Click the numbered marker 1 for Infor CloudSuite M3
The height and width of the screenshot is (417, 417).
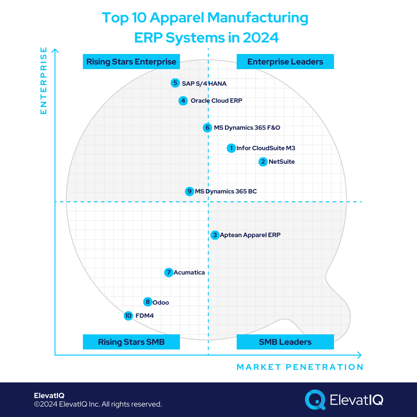click(x=231, y=148)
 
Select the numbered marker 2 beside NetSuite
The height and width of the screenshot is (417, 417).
click(x=263, y=161)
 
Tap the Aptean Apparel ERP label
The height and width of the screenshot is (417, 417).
click(x=250, y=235)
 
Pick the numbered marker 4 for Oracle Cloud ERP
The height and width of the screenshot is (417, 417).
click(x=183, y=101)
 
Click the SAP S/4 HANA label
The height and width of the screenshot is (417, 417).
click(x=204, y=83)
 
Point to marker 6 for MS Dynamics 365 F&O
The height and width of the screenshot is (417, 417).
click(x=207, y=128)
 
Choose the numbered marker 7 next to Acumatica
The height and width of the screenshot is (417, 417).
click(x=168, y=273)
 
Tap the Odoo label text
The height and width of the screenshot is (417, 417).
click(x=161, y=303)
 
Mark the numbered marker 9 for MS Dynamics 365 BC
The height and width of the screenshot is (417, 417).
click(x=189, y=191)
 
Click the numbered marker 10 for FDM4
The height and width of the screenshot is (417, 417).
click(x=129, y=316)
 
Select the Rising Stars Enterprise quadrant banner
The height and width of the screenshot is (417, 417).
click(x=131, y=62)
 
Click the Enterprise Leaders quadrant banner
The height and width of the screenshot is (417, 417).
click(x=285, y=62)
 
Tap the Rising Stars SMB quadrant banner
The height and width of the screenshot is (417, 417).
click(x=131, y=342)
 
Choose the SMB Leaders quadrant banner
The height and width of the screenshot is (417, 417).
click(x=285, y=342)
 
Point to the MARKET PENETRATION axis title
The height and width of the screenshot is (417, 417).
click(x=300, y=367)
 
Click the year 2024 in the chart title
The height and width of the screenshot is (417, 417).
click(x=260, y=37)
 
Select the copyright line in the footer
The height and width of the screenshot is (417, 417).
click(x=98, y=404)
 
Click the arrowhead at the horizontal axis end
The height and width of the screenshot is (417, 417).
click(x=359, y=355)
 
